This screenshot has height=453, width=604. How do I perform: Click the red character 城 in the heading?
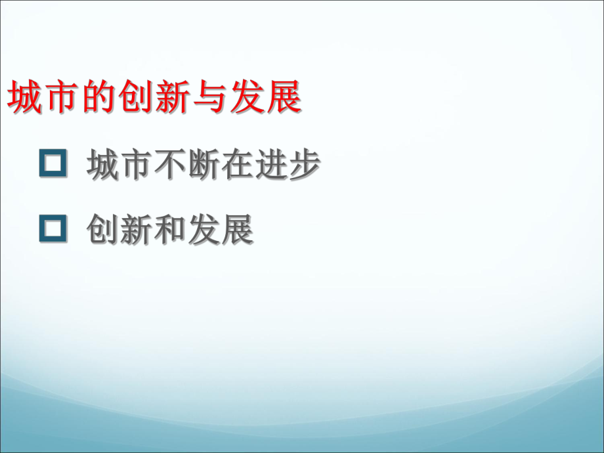tap(24, 99)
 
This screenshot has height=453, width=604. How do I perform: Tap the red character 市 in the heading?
tap(61, 99)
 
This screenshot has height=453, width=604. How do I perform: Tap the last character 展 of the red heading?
tap(284, 99)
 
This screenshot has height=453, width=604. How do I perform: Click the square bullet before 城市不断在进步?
tap(53, 164)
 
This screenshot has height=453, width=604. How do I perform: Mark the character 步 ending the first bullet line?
tap(304, 165)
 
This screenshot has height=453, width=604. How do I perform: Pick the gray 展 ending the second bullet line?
tap(237, 231)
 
